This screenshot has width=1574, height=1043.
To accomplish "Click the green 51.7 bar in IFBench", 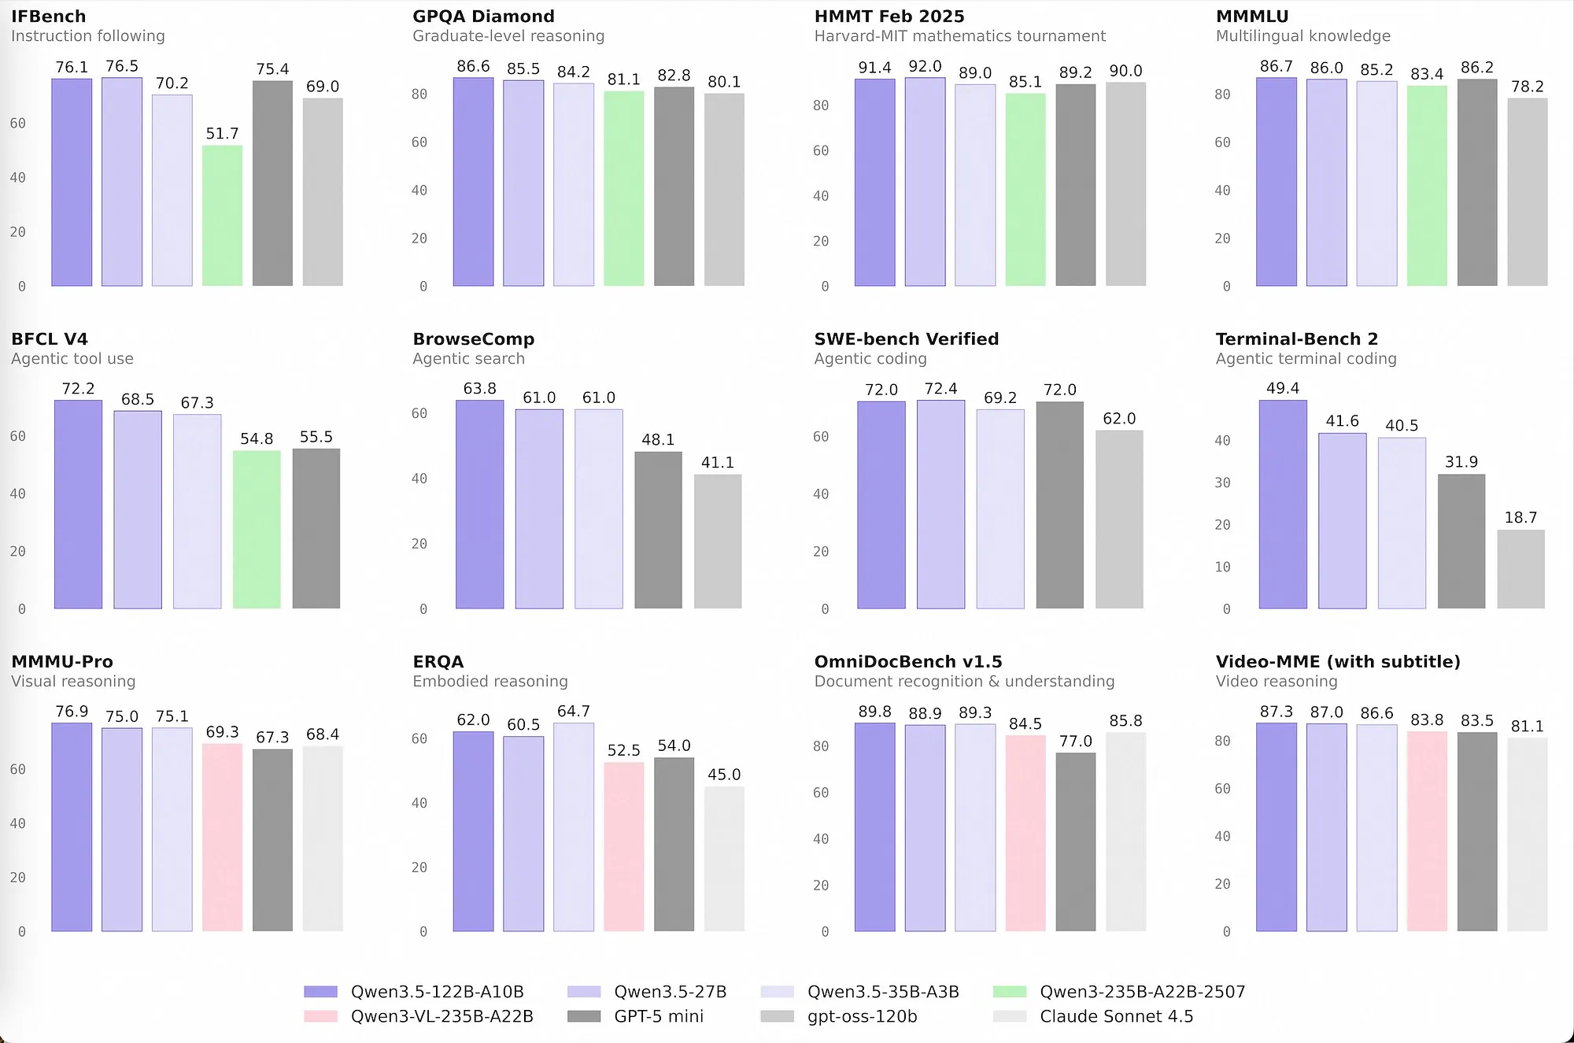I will click(222, 216).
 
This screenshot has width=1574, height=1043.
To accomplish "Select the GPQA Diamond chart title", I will click(483, 17).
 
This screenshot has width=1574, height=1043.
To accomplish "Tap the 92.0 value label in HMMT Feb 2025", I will click(925, 67).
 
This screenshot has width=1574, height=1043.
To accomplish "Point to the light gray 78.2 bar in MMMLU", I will click(1527, 192).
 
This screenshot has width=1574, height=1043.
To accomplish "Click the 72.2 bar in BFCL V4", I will click(78, 504).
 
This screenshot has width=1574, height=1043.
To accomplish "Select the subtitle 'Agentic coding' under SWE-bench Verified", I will click(870, 359).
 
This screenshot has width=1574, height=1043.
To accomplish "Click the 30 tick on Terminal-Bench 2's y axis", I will click(1222, 483).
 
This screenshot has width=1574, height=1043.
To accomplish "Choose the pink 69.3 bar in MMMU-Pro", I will click(222, 838).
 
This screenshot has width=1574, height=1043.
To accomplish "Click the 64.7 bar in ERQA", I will click(573, 827).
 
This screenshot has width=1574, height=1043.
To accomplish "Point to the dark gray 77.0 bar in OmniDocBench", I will click(1075, 842).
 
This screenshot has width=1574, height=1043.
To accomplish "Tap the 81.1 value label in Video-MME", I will click(1527, 727).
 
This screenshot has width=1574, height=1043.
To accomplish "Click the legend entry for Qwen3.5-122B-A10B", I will click(437, 992).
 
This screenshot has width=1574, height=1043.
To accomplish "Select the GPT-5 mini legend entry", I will click(658, 1016).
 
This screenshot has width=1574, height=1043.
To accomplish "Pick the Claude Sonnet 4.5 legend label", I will click(1116, 1016).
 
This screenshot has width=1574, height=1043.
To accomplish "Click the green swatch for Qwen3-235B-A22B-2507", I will click(1010, 992).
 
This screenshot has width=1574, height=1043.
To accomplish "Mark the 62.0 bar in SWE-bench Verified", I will click(1119, 520).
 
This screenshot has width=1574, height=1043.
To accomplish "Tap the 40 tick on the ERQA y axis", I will click(419, 803).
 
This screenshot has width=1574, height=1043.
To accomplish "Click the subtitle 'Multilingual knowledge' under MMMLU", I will click(1302, 36).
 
